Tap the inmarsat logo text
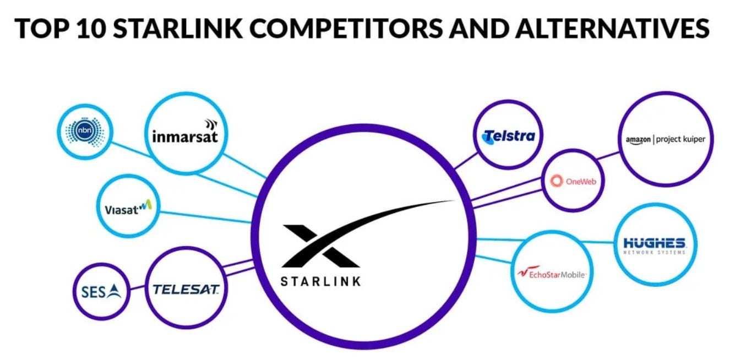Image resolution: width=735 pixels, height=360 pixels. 184,135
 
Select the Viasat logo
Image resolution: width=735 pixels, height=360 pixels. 127,208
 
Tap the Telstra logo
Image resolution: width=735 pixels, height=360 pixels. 508,136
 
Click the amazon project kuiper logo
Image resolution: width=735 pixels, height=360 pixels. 665,139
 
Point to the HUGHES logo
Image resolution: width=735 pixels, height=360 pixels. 654,243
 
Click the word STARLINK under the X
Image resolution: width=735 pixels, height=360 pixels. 320,281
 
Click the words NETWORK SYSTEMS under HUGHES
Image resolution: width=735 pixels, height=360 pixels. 654,252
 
